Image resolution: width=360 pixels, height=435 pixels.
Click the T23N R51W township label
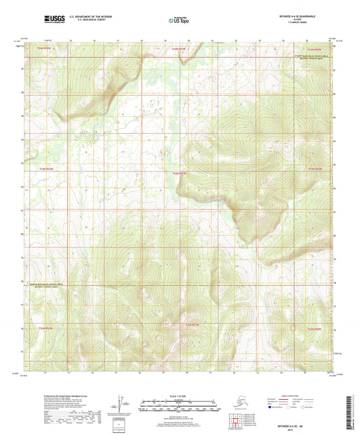[x=178, y=174]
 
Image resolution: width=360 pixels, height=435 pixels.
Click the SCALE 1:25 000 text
[x=178, y=396]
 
